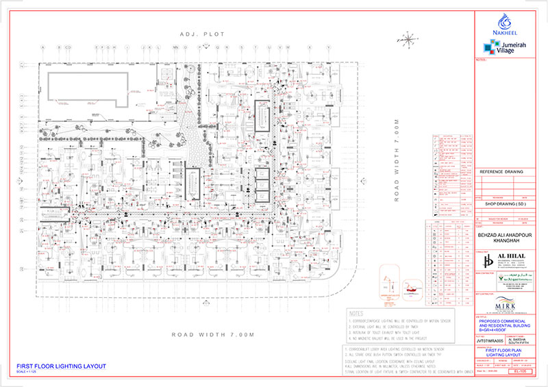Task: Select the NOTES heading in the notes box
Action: [360, 312]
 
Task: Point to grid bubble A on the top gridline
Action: [42, 47]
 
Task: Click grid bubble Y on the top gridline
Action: [329, 47]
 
